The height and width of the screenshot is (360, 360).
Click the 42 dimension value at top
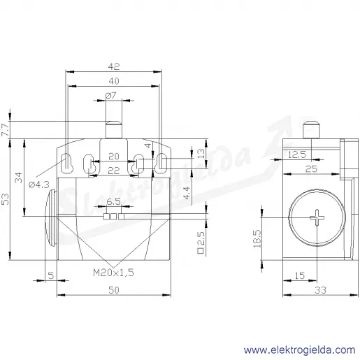114,66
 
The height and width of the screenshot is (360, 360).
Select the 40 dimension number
114,81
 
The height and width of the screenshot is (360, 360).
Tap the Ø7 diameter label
111,96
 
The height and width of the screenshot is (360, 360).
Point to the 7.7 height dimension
5,129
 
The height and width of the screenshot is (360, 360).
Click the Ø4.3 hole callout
39,185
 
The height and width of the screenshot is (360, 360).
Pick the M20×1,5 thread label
113,273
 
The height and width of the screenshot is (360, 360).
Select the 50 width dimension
114,290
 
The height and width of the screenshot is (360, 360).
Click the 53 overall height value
5,199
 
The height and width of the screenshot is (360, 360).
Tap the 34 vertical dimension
18,178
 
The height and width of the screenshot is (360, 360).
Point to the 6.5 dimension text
113,201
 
